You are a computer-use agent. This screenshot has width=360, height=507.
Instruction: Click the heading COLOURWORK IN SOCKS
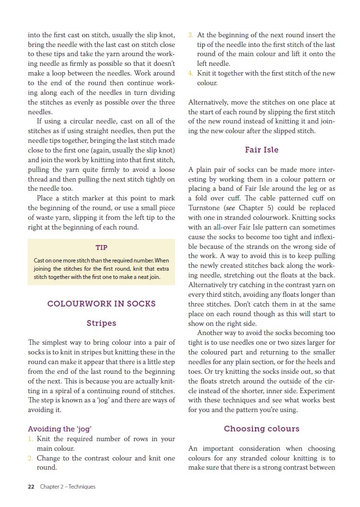pyautogui.click(x=101, y=304)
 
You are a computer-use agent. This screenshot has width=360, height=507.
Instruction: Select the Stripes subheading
pyautogui.click(x=101, y=323)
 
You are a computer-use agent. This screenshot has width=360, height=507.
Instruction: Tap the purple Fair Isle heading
pyautogui.click(x=261, y=150)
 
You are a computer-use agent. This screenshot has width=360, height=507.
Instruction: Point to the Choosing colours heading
pyautogui.click(x=261, y=429)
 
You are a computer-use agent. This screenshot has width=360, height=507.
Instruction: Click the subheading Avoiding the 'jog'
pyautogui.click(x=60, y=429)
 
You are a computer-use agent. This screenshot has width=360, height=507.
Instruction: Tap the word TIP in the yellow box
pyautogui.click(x=101, y=247)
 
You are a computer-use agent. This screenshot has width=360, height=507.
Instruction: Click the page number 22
pyautogui.click(x=31, y=487)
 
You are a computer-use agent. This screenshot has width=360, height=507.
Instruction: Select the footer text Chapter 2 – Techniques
pyautogui.click(x=68, y=487)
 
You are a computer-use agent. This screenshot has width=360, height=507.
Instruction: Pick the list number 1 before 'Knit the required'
pyautogui.click(x=30, y=439)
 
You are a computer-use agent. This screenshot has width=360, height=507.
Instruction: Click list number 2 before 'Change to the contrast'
pyautogui.click(x=30, y=458)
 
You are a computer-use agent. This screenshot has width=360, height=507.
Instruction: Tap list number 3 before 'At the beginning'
pyautogui.click(x=191, y=35)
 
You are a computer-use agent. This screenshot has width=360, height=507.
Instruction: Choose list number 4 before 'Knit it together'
pyautogui.click(x=191, y=74)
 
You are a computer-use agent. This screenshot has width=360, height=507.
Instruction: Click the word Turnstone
pyautogui.click(x=205, y=208)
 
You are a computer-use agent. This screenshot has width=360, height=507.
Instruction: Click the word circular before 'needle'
pyautogui.click(x=89, y=121)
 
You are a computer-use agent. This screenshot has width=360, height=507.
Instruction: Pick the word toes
pyautogui.click(x=195, y=371)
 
